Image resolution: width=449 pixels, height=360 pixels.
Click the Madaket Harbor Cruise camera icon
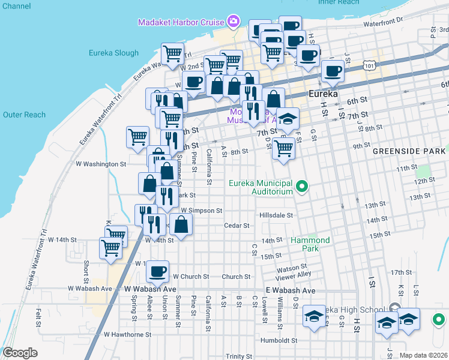[233, 22]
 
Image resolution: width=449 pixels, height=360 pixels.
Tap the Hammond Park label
[310, 244]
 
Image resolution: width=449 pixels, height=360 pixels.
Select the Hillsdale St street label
[276, 215]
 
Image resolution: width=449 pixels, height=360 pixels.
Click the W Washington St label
[101, 163]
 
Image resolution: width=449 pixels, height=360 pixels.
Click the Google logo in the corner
[20, 352]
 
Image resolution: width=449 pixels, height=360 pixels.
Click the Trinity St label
[239, 356]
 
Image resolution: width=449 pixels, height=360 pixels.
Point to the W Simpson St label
[201, 211]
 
